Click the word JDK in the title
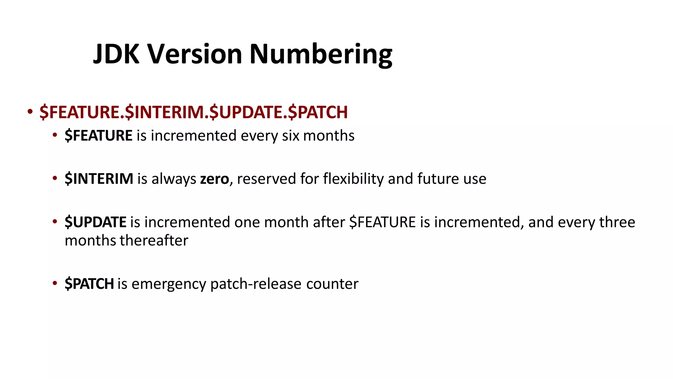[x=116, y=54]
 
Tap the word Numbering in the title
[x=321, y=55]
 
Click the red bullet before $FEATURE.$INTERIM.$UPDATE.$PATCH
[x=30, y=112]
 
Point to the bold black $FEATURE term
[x=99, y=136]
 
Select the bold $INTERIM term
[x=99, y=179]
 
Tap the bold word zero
[x=215, y=179]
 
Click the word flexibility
[x=353, y=179]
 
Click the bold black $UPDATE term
[x=95, y=222]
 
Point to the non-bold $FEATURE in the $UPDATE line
[x=383, y=222]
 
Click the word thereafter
[x=154, y=240]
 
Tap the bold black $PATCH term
[x=89, y=284]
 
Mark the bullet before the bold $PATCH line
[x=55, y=283]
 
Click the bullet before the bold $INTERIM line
[x=55, y=178]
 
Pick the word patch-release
[x=256, y=284]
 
